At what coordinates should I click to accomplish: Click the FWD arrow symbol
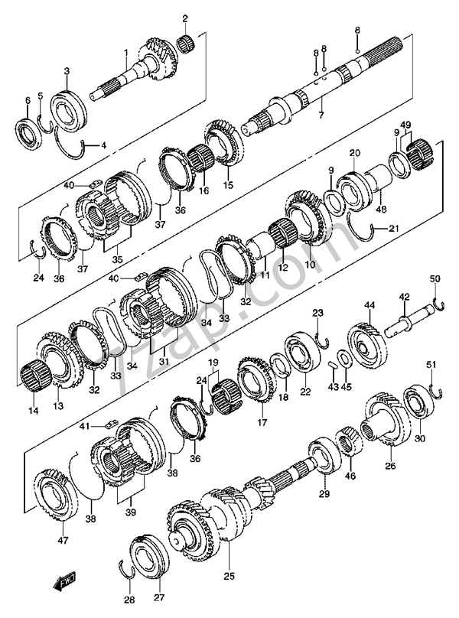point(65,583)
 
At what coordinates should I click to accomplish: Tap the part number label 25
point(229,577)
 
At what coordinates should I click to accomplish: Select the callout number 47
point(63,540)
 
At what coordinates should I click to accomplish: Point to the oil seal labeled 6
point(27,132)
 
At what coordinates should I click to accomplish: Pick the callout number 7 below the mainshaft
point(321,115)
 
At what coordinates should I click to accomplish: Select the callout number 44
point(369,305)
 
